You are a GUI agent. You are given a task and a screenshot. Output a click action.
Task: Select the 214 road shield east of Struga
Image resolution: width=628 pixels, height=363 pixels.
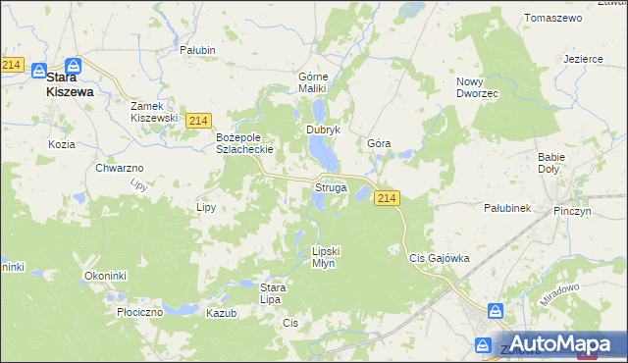pos(387,198)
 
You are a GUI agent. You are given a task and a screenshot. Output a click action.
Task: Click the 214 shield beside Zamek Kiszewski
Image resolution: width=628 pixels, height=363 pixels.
pos(199,120)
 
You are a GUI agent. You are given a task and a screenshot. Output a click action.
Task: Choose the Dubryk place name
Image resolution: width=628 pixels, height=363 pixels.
pos(323,130)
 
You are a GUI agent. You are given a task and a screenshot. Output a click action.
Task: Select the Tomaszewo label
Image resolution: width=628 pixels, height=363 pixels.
pos(553,19)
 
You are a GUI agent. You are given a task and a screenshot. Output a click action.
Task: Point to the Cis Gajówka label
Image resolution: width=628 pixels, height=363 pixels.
pos(439,258)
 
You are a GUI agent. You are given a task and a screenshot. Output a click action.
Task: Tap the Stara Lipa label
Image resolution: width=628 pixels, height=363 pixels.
pos(272,293)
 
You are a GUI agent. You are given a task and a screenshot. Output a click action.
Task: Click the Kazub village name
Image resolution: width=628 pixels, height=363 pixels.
pos(222,311)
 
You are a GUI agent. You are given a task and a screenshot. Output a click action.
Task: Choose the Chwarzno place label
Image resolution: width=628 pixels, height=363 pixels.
pos(120,169)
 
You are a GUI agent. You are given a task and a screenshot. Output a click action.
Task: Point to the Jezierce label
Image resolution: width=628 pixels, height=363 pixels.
pos(583,59)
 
